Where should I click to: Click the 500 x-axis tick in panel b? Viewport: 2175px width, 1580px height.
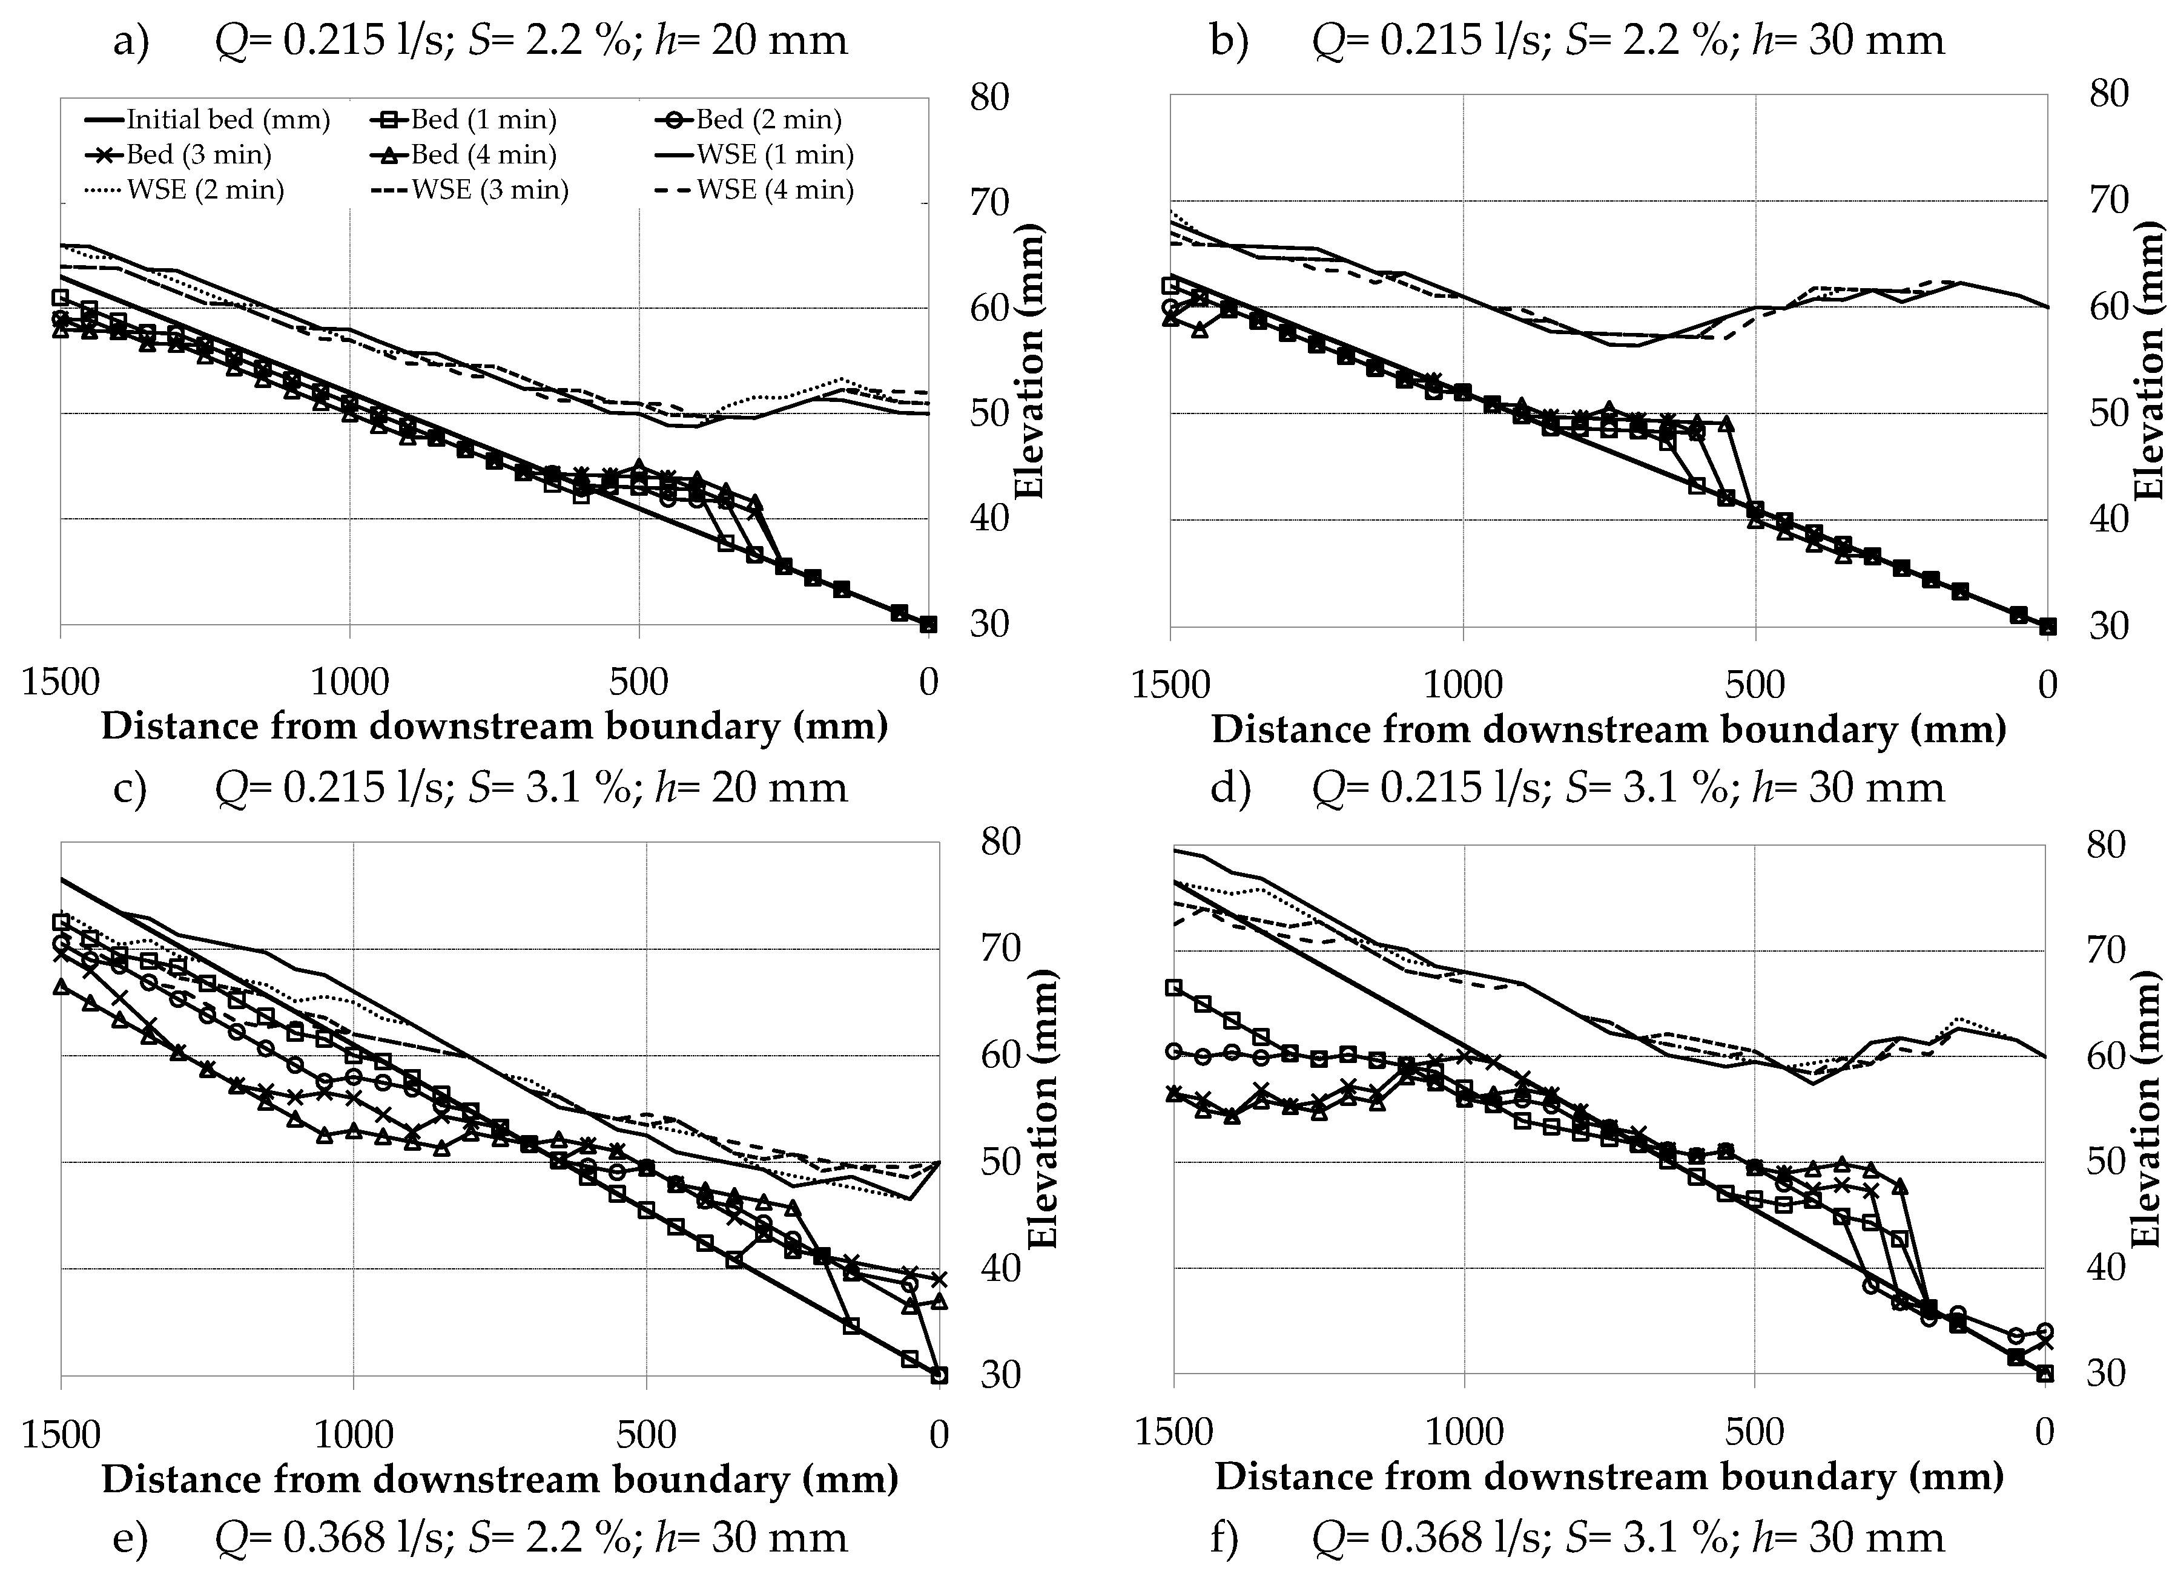pyautogui.click(x=1755, y=685)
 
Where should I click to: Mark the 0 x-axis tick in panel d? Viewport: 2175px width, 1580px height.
pyautogui.click(x=2045, y=1432)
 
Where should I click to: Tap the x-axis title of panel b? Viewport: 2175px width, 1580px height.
pyautogui.click(x=1608, y=729)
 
